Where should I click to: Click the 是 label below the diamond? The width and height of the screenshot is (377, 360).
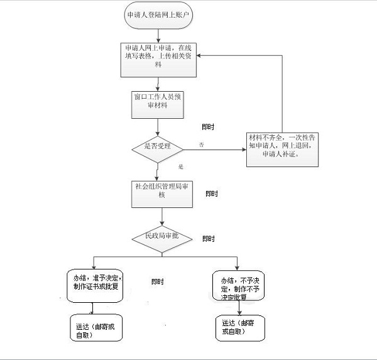(180, 167)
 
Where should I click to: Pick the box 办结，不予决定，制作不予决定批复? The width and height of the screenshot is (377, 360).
(238, 286)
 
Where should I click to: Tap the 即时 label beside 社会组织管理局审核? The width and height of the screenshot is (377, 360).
(212, 194)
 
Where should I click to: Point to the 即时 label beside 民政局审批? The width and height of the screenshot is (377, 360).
(209, 239)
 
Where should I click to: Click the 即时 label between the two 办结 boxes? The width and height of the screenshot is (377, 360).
(158, 281)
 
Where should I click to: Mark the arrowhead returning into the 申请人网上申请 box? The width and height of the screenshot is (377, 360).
(202, 56)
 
